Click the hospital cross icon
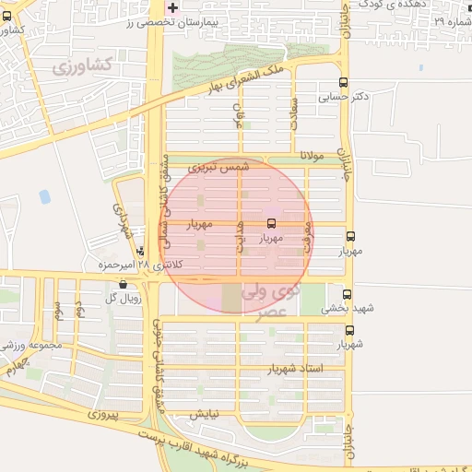172,7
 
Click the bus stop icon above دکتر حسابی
344,81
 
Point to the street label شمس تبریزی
218,168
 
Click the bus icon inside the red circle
271,223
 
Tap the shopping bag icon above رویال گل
123,285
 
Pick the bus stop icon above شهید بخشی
347,294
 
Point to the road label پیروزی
103,416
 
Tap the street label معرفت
308,234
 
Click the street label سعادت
294,117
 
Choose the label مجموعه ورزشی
30,346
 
